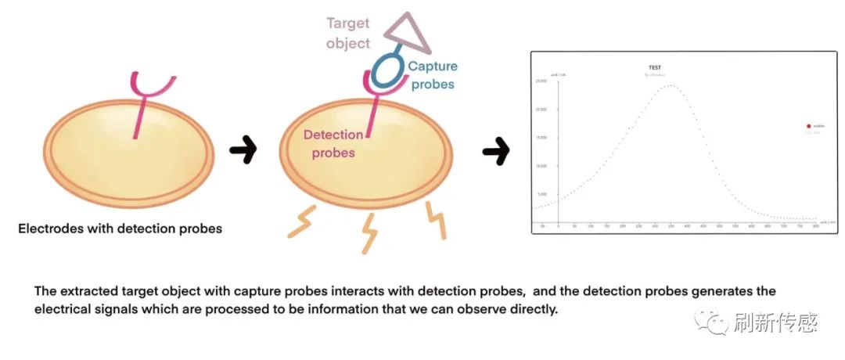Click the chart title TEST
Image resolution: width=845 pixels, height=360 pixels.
pos(655,68)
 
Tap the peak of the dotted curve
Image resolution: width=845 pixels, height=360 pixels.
pos(671,85)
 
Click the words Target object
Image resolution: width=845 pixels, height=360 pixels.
pos(348,34)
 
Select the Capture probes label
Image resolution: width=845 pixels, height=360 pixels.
pos(431,75)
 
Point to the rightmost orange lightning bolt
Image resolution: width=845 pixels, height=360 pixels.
pos(437,221)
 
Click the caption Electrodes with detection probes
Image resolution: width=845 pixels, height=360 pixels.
pos(120,229)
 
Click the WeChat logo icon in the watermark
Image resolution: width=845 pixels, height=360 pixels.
pos(717,321)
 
